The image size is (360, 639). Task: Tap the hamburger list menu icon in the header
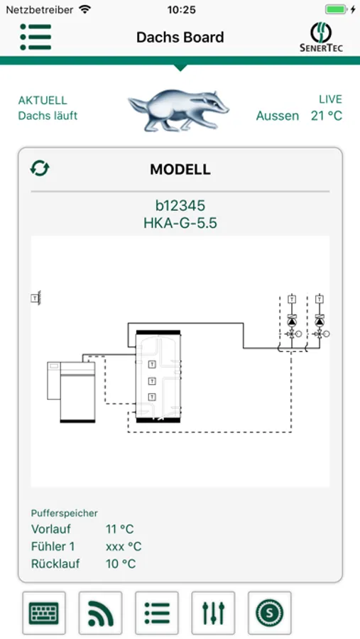(36, 37)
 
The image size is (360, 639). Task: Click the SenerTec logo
(321, 37)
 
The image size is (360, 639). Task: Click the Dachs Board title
(180, 38)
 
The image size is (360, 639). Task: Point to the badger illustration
(178, 109)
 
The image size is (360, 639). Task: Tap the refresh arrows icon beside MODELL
(40, 168)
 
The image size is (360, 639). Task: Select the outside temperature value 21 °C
(327, 116)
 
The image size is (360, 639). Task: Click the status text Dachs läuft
(48, 116)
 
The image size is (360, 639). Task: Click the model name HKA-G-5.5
(180, 224)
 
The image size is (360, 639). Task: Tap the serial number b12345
(180, 206)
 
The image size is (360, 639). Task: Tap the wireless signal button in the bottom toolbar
(100, 613)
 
